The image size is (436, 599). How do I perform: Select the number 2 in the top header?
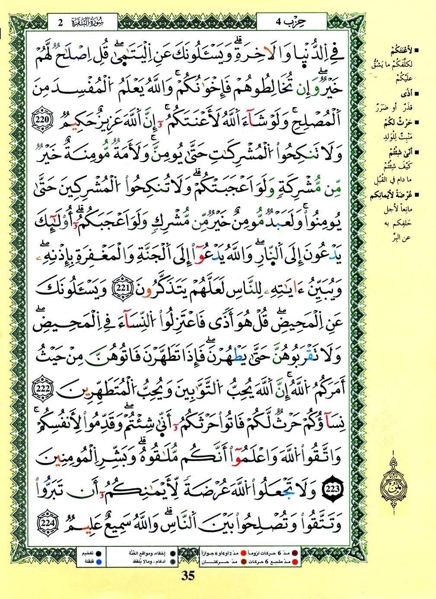pyautogui.click(x=61, y=22)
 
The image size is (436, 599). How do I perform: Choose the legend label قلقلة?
pyautogui.click(x=85, y=561)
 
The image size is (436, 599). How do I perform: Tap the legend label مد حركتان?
pyautogui.click(x=215, y=562)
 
